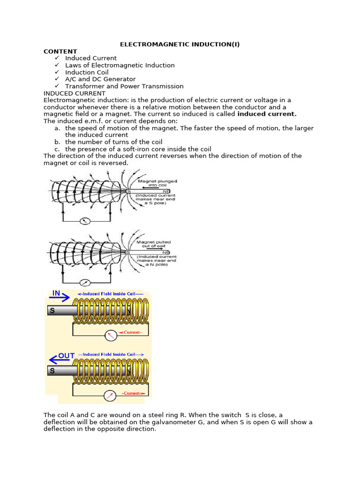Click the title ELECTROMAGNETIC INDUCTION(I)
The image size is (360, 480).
(x=180, y=45)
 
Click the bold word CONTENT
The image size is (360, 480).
(x=60, y=52)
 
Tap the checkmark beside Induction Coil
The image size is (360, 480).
(x=57, y=72)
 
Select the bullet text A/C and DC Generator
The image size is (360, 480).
(x=100, y=79)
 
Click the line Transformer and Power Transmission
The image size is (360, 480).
(x=124, y=86)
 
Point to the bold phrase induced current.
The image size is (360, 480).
(x=267, y=114)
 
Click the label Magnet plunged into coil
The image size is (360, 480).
(x=157, y=183)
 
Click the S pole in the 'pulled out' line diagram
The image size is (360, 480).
(x=127, y=252)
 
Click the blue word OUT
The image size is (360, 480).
(x=67, y=356)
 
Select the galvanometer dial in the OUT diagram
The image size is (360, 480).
(x=110, y=396)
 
